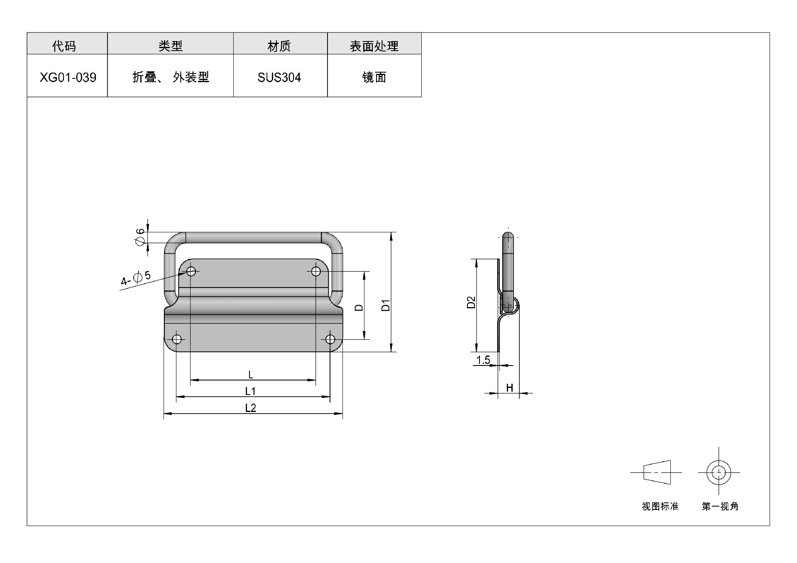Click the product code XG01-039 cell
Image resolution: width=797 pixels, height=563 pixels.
click(67, 77)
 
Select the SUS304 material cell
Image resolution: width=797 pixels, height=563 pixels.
click(280, 77)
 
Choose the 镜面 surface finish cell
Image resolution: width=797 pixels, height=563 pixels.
click(374, 77)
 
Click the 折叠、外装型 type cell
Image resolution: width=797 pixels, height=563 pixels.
click(170, 77)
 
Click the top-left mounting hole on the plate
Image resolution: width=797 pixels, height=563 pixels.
click(191, 271)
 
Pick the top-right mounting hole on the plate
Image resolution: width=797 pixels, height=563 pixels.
click(316, 271)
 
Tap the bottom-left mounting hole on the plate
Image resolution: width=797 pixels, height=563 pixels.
click(176, 339)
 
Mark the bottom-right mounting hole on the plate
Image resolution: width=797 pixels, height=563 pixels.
click(330, 339)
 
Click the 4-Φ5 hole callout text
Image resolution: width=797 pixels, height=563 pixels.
click(136, 278)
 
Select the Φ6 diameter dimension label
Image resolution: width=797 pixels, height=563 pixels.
click(140, 236)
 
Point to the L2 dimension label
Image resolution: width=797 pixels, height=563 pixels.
click(250, 408)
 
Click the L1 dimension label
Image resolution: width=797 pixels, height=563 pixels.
click(250, 391)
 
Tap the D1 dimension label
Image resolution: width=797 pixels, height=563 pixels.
click(386, 305)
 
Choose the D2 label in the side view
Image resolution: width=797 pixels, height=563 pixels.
click(471, 302)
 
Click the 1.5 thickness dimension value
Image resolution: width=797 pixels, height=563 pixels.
click(483, 360)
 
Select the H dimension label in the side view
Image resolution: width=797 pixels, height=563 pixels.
click(510, 388)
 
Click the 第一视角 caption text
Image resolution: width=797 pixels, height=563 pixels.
click(720, 506)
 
